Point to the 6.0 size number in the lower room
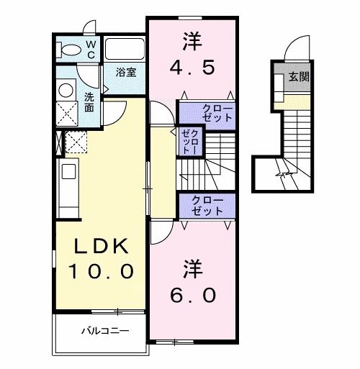(x=192, y=294)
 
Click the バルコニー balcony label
(x=104, y=332)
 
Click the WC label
(x=91, y=49)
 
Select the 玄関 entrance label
(x=300, y=76)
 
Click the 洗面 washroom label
(x=89, y=102)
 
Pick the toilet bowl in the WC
(x=71, y=50)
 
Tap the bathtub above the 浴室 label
(x=125, y=50)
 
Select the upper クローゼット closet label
(x=207, y=113)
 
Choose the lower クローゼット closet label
(x=207, y=205)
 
